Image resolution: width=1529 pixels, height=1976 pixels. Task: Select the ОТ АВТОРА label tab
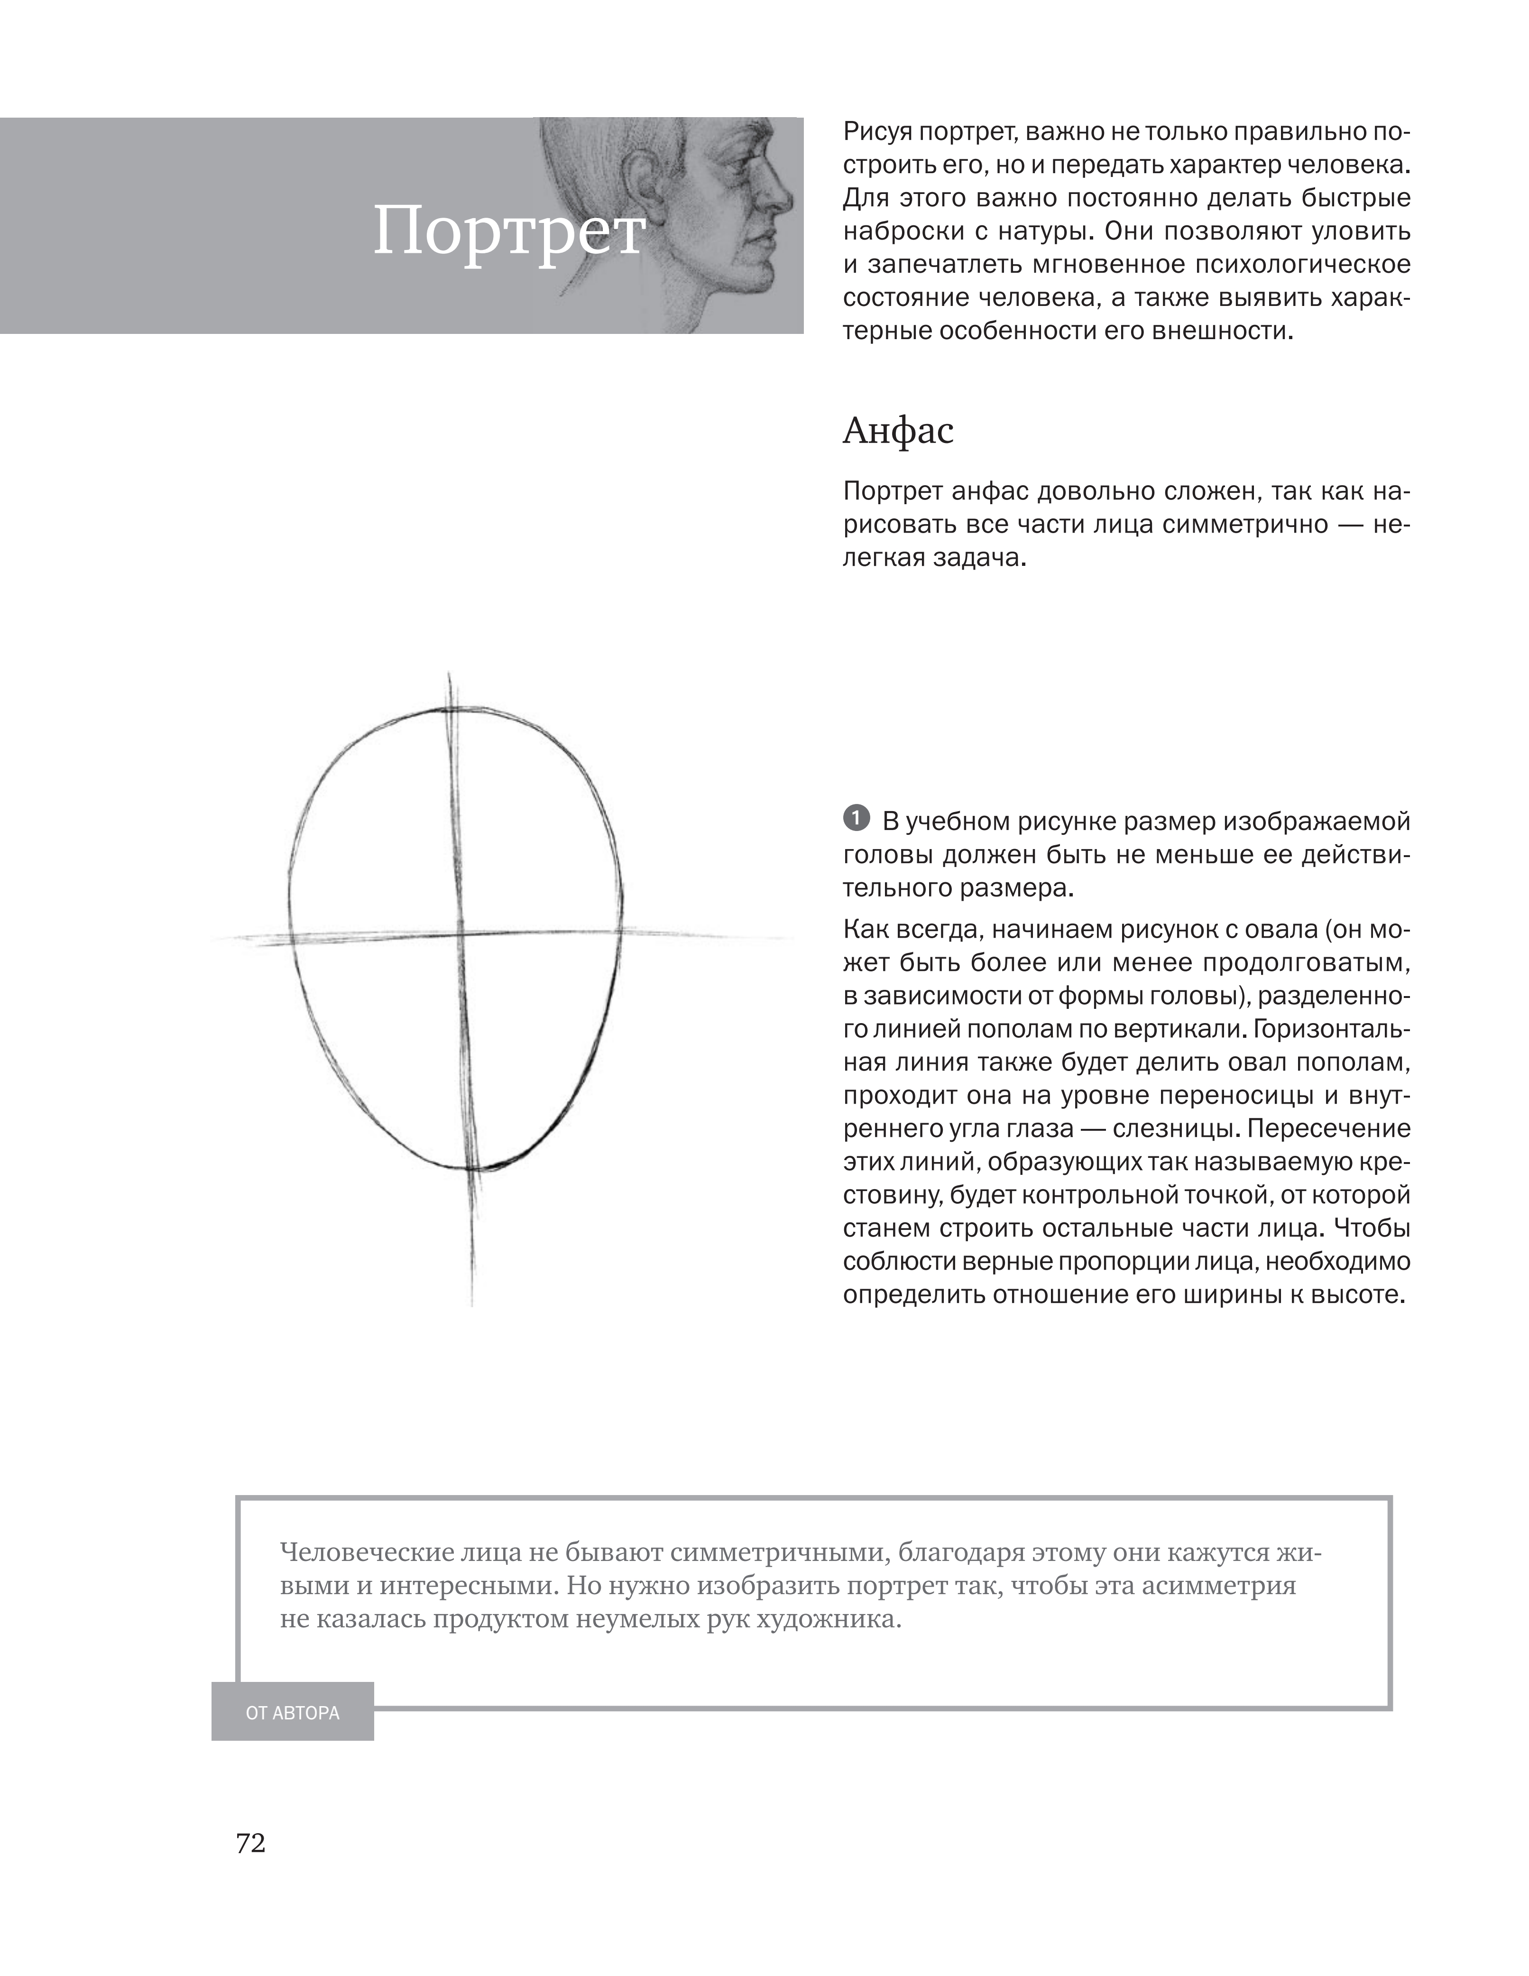[292, 1713]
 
